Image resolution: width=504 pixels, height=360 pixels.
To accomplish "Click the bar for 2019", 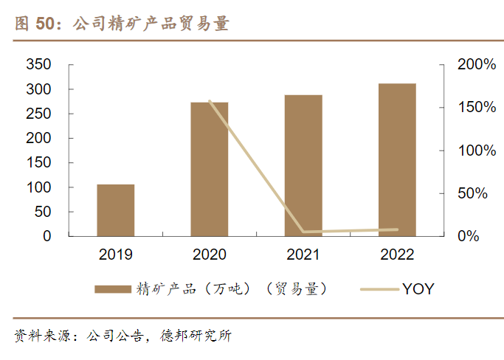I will tap(116, 210).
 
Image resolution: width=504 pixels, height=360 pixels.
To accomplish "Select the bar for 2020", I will tap(210, 169).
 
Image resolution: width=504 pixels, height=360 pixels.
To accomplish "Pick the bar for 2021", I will tap(303, 165).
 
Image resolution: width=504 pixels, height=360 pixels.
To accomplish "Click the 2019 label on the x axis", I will tap(116, 255).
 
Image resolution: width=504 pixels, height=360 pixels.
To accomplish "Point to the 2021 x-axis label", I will tap(303, 255).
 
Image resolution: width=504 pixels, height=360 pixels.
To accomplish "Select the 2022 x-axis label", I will tap(397, 255).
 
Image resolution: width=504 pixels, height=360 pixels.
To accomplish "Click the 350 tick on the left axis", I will tap(38, 65).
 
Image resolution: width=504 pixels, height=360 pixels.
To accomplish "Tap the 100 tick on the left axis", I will tap(38, 187).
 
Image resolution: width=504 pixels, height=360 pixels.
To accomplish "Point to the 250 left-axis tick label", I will tap(38, 114).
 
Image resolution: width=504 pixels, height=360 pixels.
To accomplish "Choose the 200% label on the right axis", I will tap(477, 65).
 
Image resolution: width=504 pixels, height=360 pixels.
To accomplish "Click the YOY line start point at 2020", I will tap(210, 101).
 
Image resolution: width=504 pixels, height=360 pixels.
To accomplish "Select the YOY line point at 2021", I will tap(303, 232).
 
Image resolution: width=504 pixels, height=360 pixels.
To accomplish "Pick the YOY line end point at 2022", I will tap(397, 229).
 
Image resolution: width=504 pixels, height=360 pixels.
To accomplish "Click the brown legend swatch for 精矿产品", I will tap(112, 289).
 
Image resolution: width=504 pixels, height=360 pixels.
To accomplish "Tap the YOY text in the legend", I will tap(418, 289).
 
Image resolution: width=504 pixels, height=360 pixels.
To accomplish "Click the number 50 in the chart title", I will tap(45, 24).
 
